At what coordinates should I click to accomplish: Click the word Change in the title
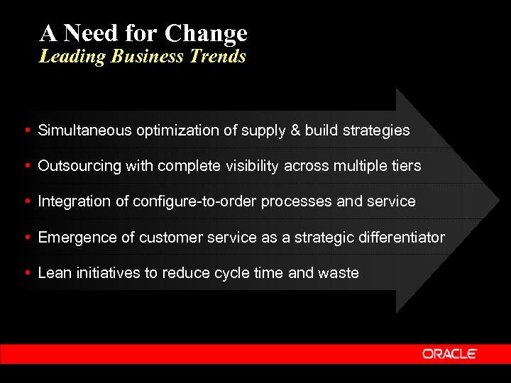tap(206, 33)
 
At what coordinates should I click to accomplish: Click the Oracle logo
tap(450, 353)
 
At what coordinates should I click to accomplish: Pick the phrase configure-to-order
tap(195, 201)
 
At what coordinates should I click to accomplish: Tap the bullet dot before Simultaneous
tap(26, 131)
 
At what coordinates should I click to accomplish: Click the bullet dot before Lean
tap(26, 273)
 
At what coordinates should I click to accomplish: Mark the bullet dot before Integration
tap(26, 201)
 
